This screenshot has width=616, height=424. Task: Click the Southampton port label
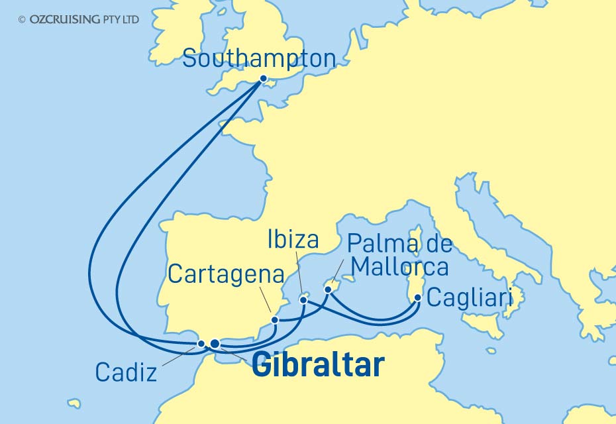pyautogui.click(x=259, y=58)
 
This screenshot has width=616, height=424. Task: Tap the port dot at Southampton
pyautogui.click(x=263, y=79)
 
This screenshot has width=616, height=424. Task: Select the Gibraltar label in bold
pyautogui.click(x=318, y=366)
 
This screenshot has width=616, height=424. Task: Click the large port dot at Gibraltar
pyautogui.click(x=214, y=343)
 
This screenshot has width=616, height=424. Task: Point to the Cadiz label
pyautogui.click(x=126, y=372)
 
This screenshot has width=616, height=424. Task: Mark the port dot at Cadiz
pyautogui.click(x=201, y=343)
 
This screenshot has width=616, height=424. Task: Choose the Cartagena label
pyautogui.click(x=226, y=274)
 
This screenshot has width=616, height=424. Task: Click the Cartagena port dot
pyautogui.click(x=275, y=321)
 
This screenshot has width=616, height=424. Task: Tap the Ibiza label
pyautogui.click(x=293, y=240)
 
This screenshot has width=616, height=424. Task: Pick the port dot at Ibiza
pyautogui.click(x=303, y=299)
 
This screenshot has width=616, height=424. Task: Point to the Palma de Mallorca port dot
pyautogui.click(x=327, y=289)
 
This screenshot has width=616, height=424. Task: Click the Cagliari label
pyautogui.click(x=470, y=297)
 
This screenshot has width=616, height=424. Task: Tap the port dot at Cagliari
pyautogui.click(x=417, y=297)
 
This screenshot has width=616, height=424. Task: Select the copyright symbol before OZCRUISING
pyautogui.click(x=23, y=20)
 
